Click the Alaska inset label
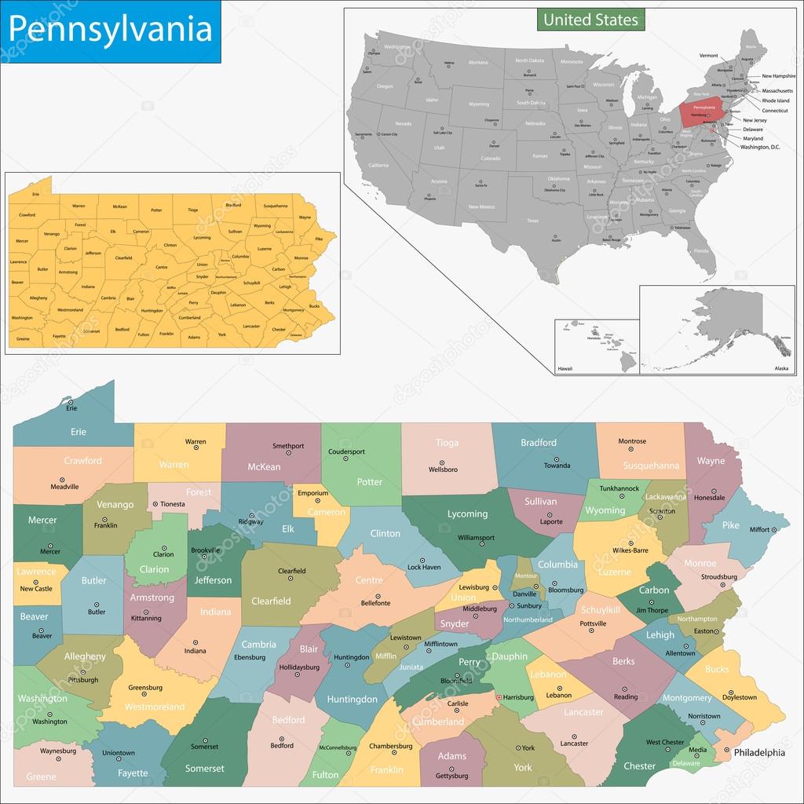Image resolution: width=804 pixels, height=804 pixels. point(781,367)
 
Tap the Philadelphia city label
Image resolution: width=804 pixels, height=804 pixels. point(759,752)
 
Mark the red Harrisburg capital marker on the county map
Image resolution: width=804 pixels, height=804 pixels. point(498,696)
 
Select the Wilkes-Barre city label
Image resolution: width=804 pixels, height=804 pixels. point(630,550)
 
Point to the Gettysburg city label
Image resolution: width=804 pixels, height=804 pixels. point(451,776)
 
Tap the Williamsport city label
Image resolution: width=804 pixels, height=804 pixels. point(476,538)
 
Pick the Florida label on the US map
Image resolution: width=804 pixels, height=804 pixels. point(700,250)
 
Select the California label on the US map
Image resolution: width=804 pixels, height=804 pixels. point(378,166)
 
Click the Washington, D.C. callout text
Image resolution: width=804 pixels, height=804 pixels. point(761,147)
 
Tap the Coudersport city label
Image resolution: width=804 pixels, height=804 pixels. point(348,451)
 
